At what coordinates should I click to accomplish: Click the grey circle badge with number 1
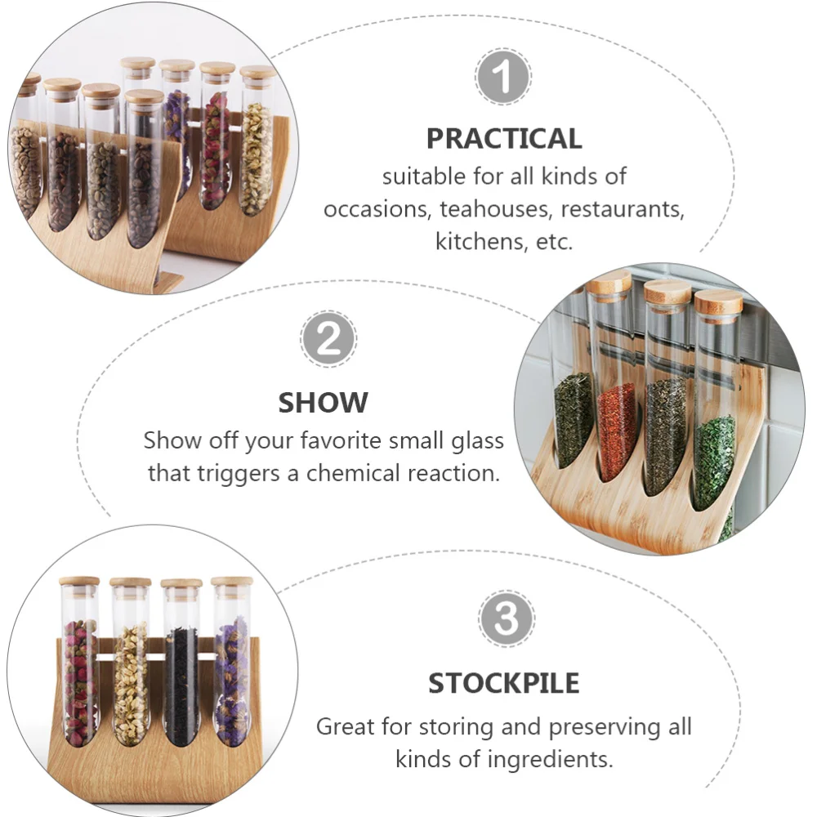pyautogui.click(x=503, y=77)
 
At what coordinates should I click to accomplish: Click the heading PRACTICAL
pyautogui.click(x=504, y=138)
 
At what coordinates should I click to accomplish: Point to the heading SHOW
pyautogui.click(x=323, y=402)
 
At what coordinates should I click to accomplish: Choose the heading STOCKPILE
pyautogui.click(x=504, y=682)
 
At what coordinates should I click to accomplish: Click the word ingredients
pyautogui.click(x=542, y=759)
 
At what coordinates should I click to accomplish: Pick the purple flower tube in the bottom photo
pyautogui.click(x=231, y=678)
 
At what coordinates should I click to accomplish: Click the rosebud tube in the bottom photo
pyautogui.click(x=80, y=678)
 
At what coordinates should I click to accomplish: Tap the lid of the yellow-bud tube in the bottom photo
pyautogui.click(x=131, y=583)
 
